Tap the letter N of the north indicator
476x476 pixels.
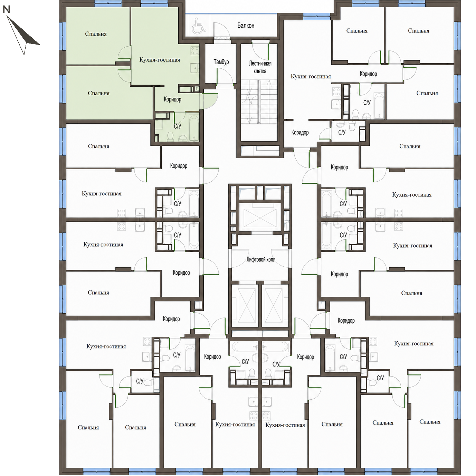[7, 9]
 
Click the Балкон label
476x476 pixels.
[246, 26]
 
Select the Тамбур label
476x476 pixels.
[221, 62]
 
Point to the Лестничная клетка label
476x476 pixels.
[260, 67]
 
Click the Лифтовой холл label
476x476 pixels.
[260, 259]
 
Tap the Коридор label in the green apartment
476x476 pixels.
[172, 99]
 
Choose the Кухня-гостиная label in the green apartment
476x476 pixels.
[160, 60]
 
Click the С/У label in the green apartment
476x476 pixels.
[177, 126]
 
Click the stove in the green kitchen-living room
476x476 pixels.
[194, 51]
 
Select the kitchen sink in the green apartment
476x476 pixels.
[194, 68]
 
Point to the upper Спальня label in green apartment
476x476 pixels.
[96, 34]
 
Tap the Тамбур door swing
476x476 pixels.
[225, 77]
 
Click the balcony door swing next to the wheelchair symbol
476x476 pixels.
[221, 30]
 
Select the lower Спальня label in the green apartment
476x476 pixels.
[98, 93]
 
